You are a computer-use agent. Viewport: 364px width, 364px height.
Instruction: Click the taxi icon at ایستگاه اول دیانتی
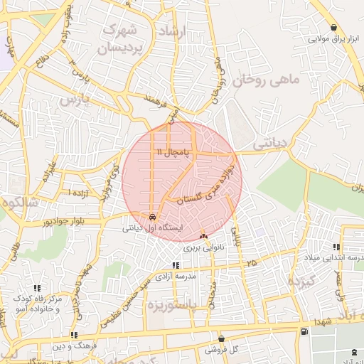tap(152, 217)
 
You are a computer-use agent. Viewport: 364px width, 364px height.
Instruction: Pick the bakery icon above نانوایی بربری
tap(204, 236)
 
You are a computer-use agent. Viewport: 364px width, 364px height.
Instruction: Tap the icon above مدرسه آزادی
tap(176, 265)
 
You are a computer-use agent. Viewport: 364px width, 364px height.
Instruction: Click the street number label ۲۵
tap(252, 264)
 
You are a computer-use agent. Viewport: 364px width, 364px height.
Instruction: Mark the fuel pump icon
tap(305, 332)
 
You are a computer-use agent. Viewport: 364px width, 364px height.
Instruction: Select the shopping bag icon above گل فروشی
tap(222, 339)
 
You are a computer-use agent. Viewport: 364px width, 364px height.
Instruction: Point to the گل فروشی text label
tap(221, 350)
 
